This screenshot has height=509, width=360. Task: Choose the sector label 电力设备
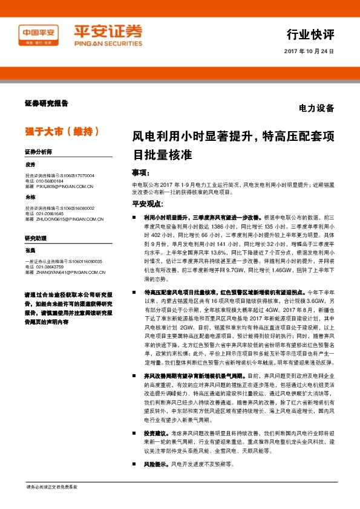click(316, 109)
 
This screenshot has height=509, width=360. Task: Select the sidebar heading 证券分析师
click(38, 151)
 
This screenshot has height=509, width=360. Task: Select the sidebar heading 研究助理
click(35, 239)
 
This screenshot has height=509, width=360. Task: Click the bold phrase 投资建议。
click(156, 433)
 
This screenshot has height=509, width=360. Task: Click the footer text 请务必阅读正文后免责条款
click(51, 486)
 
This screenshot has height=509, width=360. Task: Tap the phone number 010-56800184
click(50, 181)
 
